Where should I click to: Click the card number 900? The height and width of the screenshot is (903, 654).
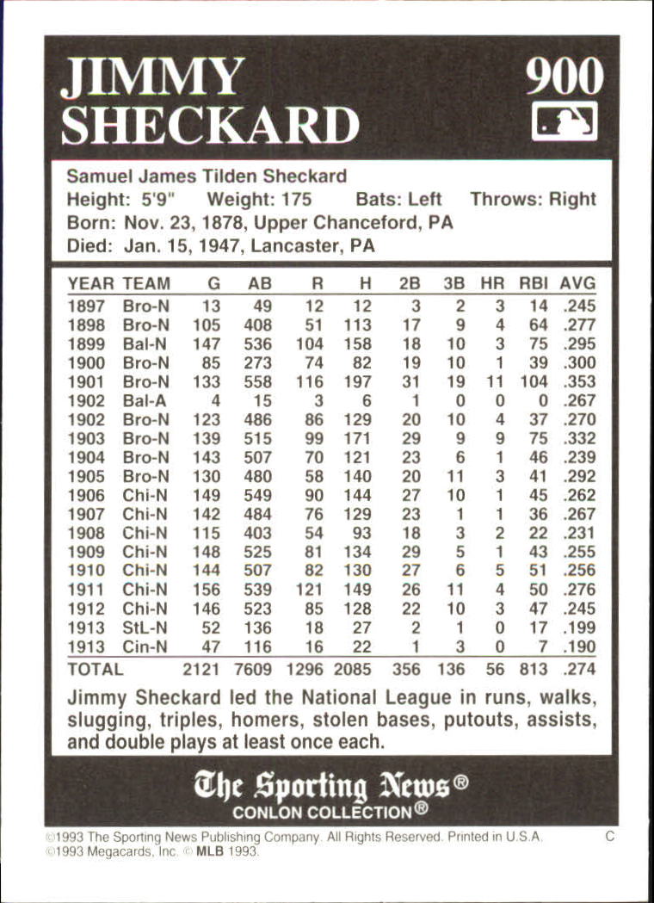565,79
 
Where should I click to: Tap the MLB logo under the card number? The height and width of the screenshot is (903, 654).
565,121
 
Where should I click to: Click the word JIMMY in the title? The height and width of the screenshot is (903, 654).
151,79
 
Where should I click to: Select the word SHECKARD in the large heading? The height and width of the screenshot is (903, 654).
210,126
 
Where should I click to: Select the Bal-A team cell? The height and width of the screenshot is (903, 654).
145,400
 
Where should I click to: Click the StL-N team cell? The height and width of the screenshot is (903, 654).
145,628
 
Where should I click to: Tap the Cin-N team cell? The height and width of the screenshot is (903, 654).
145,646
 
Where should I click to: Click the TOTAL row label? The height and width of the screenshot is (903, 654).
96,669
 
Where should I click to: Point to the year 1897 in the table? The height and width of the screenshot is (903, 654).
86,306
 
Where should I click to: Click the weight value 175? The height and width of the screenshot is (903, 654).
295,200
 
